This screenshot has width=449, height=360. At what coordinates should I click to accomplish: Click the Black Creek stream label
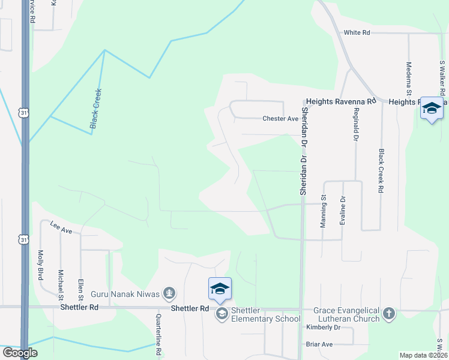click(x=96, y=109)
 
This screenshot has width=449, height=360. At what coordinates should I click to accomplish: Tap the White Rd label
click(x=357, y=33)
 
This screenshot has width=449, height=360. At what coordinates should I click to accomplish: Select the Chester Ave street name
click(x=280, y=119)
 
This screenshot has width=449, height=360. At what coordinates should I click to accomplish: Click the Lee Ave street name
click(x=61, y=227)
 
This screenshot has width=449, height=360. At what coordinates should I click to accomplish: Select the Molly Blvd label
click(x=41, y=265)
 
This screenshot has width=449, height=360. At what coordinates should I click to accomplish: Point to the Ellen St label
click(x=80, y=289)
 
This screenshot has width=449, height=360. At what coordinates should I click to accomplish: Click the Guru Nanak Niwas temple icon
click(x=170, y=293)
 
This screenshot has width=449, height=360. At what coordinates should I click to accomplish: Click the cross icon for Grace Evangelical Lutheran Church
click(x=389, y=313)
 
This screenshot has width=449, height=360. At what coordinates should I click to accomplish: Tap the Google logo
click(x=20, y=353)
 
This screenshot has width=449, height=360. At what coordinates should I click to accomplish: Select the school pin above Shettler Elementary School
click(x=220, y=289)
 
